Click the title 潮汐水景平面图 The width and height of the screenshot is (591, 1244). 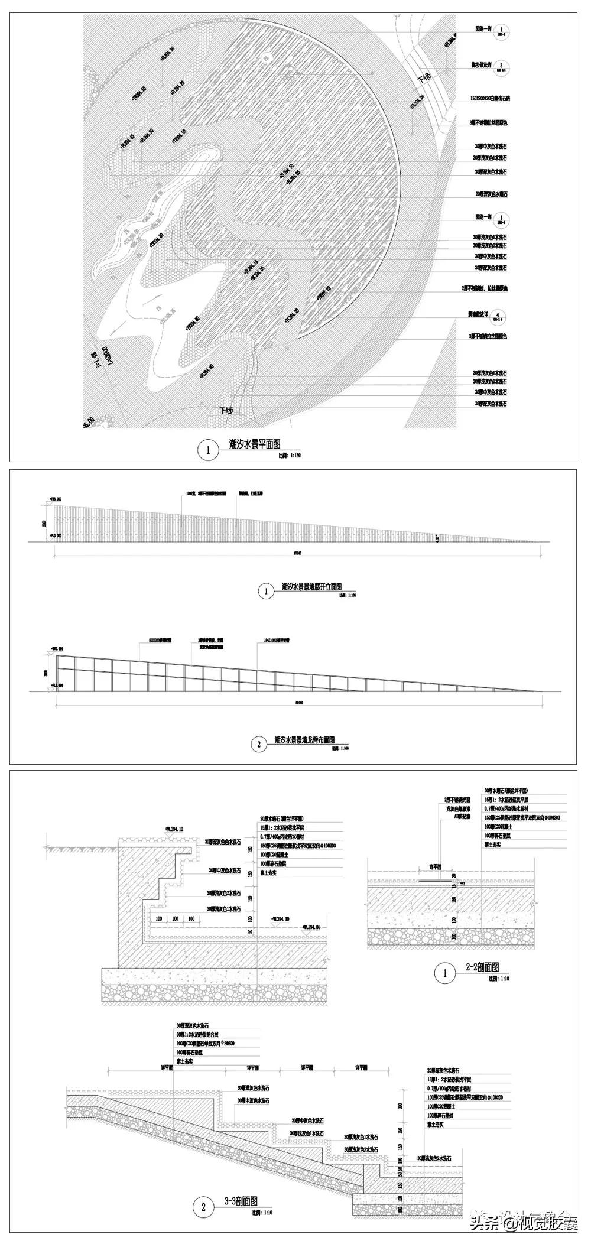pos(254,444)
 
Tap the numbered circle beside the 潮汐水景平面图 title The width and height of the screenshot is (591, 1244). pos(207,450)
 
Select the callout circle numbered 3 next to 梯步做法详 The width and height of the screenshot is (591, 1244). pos(501,66)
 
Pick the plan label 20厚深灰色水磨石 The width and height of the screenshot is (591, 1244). pos(491,194)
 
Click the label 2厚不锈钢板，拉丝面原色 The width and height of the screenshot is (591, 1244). pos(484,288)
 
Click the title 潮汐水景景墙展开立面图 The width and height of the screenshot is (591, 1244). pos(311,587)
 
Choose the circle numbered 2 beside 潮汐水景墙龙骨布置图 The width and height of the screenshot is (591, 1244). pos(259,745)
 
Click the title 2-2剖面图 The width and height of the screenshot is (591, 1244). pos(482,1145)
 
